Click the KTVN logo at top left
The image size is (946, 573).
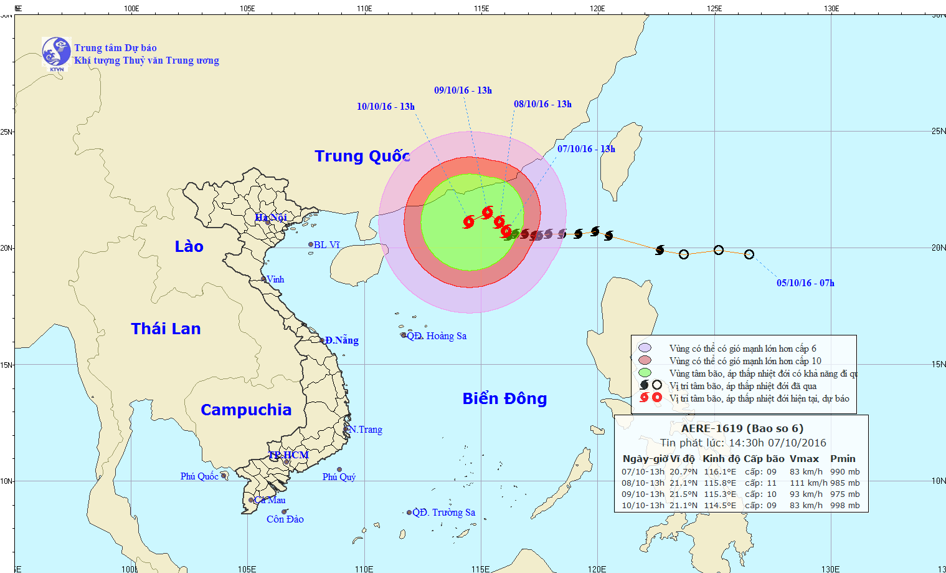(56, 52)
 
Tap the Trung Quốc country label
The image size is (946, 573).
(362, 156)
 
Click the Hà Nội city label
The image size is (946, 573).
(271, 217)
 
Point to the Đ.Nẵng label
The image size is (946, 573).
(341, 340)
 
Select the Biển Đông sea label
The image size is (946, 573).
(504, 398)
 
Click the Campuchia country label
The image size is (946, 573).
(246, 410)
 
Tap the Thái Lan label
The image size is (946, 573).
(166, 329)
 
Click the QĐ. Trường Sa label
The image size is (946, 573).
(443, 513)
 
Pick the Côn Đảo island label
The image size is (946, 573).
(285, 519)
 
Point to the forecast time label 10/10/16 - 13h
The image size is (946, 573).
(385, 107)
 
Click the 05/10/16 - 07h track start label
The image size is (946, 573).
(805, 283)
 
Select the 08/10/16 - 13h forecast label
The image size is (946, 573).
(542, 104)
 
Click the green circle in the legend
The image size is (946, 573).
(645, 373)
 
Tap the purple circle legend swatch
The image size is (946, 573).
(645, 348)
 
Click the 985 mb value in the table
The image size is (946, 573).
(844, 483)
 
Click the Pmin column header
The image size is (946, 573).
(843, 458)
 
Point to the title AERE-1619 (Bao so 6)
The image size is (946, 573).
(742, 428)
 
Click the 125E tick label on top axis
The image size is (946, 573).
(714, 9)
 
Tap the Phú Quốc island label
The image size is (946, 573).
(199, 476)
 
